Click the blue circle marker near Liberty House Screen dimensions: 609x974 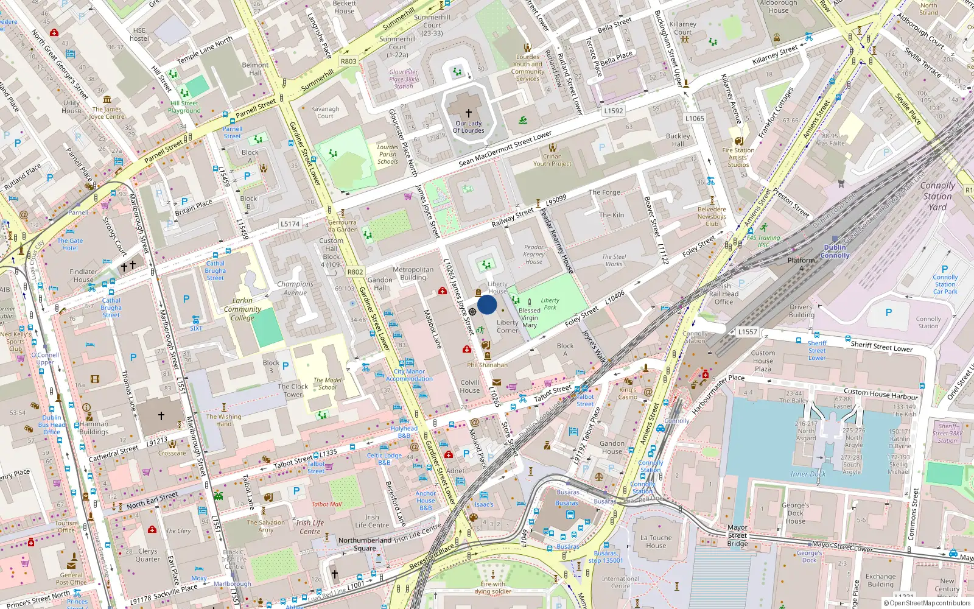point(487,304)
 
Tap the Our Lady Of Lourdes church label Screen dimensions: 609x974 point(469,127)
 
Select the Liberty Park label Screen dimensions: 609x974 point(550,303)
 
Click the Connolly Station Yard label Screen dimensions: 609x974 point(937,196)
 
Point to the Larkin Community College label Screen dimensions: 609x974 point(242,309)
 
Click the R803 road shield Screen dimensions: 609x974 point(349,62)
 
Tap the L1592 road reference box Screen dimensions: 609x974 point(614,111)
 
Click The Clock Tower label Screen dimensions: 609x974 point(293,390)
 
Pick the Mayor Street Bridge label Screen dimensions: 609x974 point(737,535)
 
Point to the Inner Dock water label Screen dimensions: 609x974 point(808,474)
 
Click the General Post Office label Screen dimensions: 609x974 point(71,579)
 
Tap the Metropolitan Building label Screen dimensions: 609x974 point(413,273)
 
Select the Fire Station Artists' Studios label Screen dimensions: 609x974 point(738,157)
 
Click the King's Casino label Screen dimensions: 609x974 point(628,393)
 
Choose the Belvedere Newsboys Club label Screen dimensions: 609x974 point(712,216)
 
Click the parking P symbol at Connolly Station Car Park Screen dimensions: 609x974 point(945,269)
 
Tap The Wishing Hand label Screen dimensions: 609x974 point(223,420)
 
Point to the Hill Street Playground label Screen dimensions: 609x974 point(184,107)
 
